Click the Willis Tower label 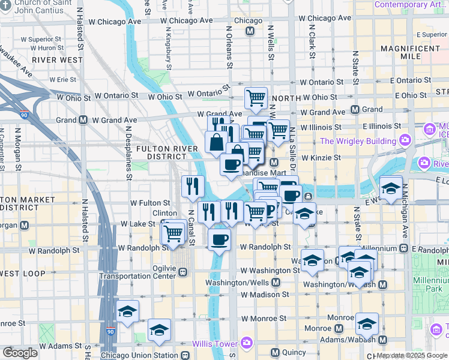point(217,344)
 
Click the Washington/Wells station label point(238,283)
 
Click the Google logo point(20,353)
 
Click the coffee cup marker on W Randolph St point(218,240)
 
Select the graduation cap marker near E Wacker point(391,189)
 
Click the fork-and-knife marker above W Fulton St point(193,185)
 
